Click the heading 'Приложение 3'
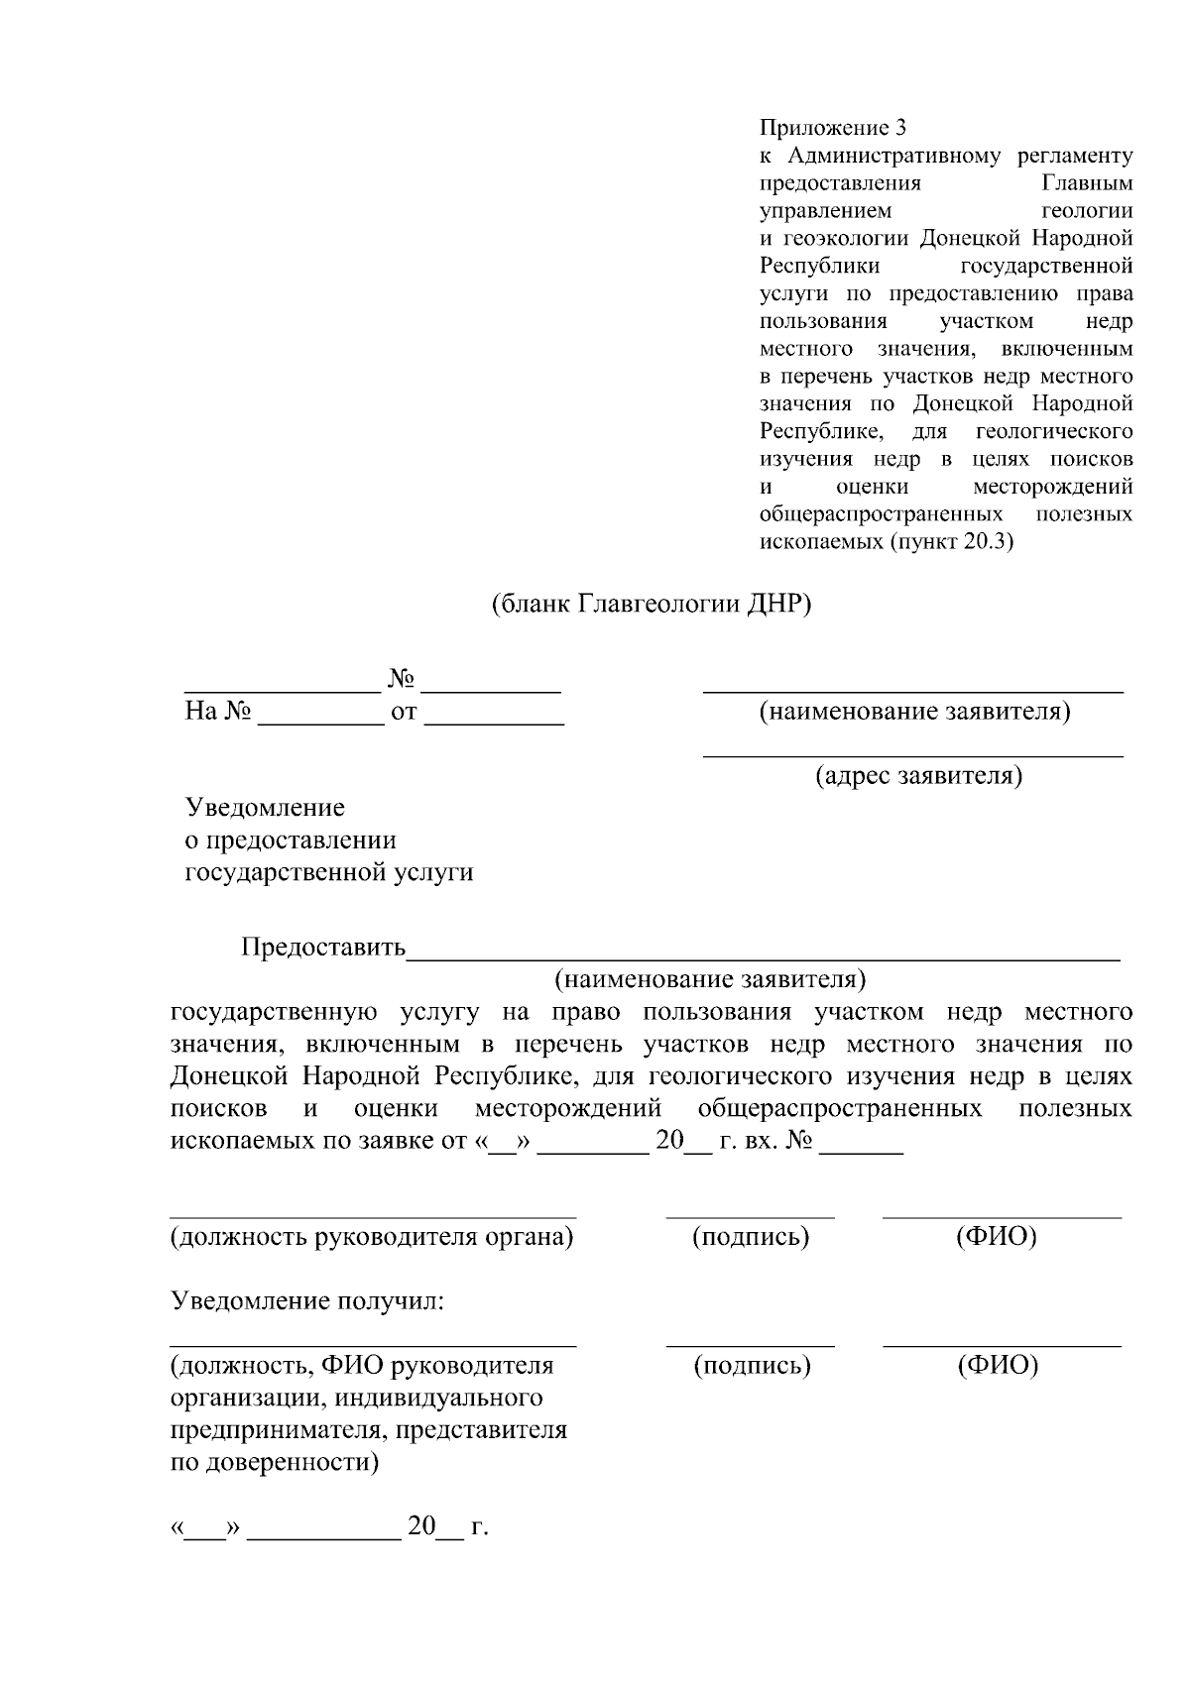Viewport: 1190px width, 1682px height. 832,128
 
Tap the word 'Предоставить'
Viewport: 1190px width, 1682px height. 323,948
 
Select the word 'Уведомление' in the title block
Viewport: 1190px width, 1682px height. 265,807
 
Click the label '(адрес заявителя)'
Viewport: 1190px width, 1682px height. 918,774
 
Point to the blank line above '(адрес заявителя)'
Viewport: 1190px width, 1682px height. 912,755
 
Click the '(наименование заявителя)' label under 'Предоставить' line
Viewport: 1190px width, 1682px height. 710,979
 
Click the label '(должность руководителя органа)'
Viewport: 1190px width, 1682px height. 372,1236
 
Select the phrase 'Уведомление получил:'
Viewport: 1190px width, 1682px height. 307,1300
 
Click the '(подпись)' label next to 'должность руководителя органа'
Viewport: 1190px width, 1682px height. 750,1236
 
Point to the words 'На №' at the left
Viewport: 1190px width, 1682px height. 218,712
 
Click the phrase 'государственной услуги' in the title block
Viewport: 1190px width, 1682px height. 329,872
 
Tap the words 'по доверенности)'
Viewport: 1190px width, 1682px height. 275,1462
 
